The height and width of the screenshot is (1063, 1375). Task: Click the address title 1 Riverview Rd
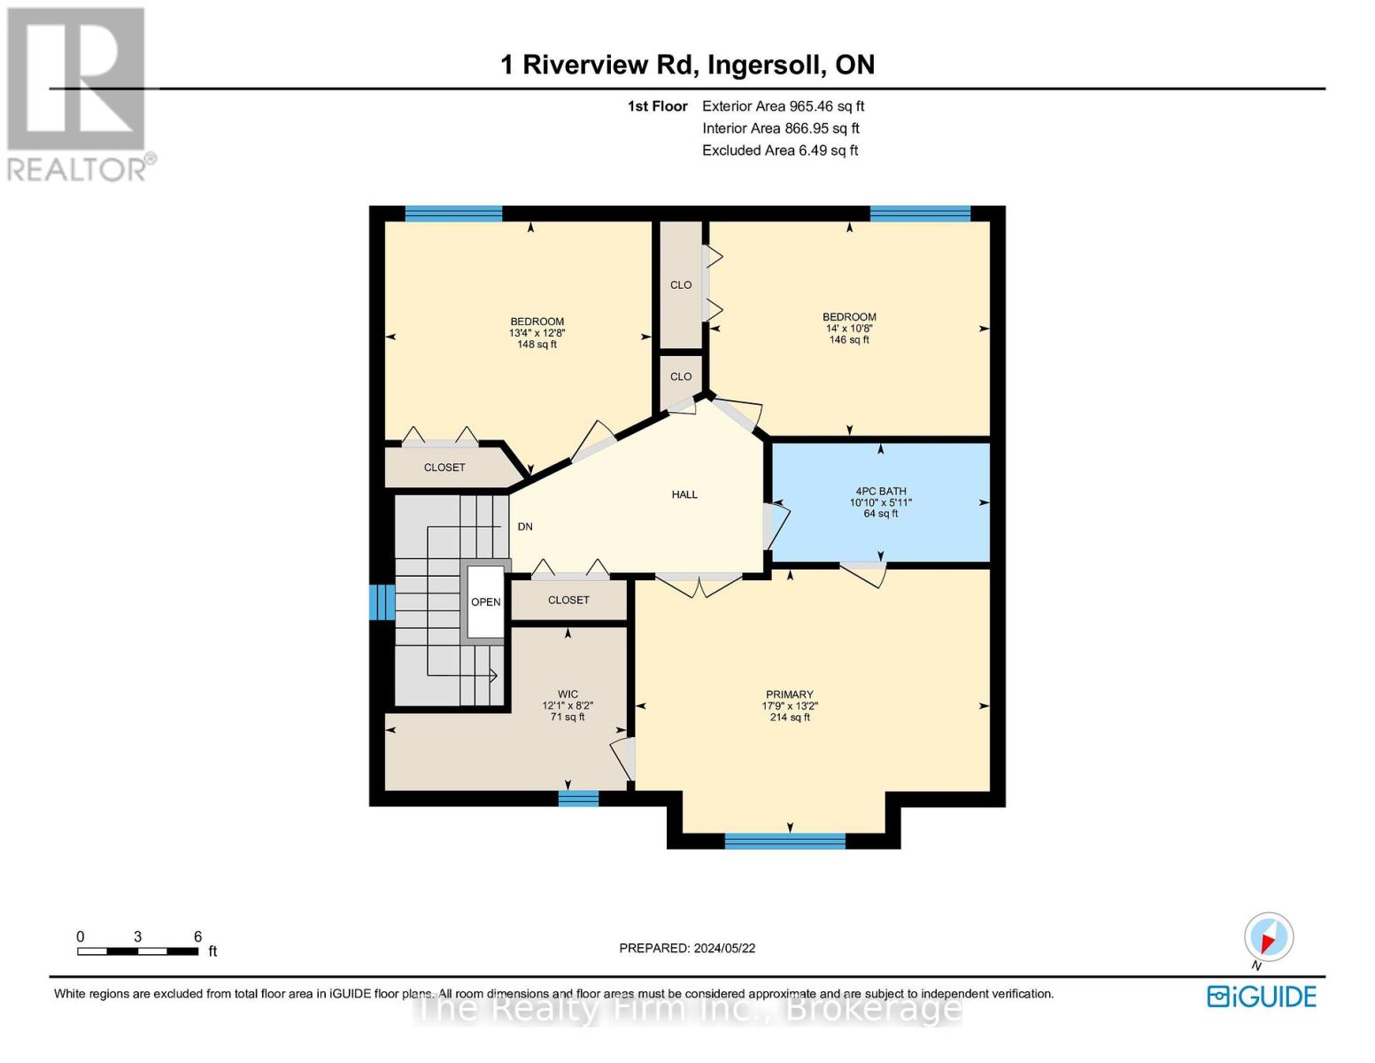point(687,65)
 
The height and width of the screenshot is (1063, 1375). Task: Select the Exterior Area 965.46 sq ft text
point(783,106)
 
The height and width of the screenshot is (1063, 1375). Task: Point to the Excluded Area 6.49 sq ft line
point(779,151)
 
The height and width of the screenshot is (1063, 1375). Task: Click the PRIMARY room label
point(789,694)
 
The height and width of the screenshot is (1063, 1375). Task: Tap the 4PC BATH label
point(880,491)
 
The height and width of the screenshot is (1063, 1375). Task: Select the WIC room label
point(568,694)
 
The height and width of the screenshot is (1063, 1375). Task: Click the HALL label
point(684,494)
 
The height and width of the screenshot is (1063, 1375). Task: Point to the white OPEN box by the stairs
point(485,601)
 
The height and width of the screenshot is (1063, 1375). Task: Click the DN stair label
point(525,526)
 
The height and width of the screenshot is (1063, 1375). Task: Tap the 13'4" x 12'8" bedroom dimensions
point(537,333)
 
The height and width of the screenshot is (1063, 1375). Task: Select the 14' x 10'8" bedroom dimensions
point(849,329)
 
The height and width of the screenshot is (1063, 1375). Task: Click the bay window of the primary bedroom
point(784,841)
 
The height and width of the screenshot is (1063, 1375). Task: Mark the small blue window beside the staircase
point(382,602)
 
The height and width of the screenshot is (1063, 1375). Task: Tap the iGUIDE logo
point(1262,997)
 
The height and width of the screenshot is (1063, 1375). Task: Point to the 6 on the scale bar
point(197,936)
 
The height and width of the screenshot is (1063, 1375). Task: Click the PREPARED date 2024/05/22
point(687,948)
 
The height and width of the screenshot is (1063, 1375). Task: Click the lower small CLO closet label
point(680,376)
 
